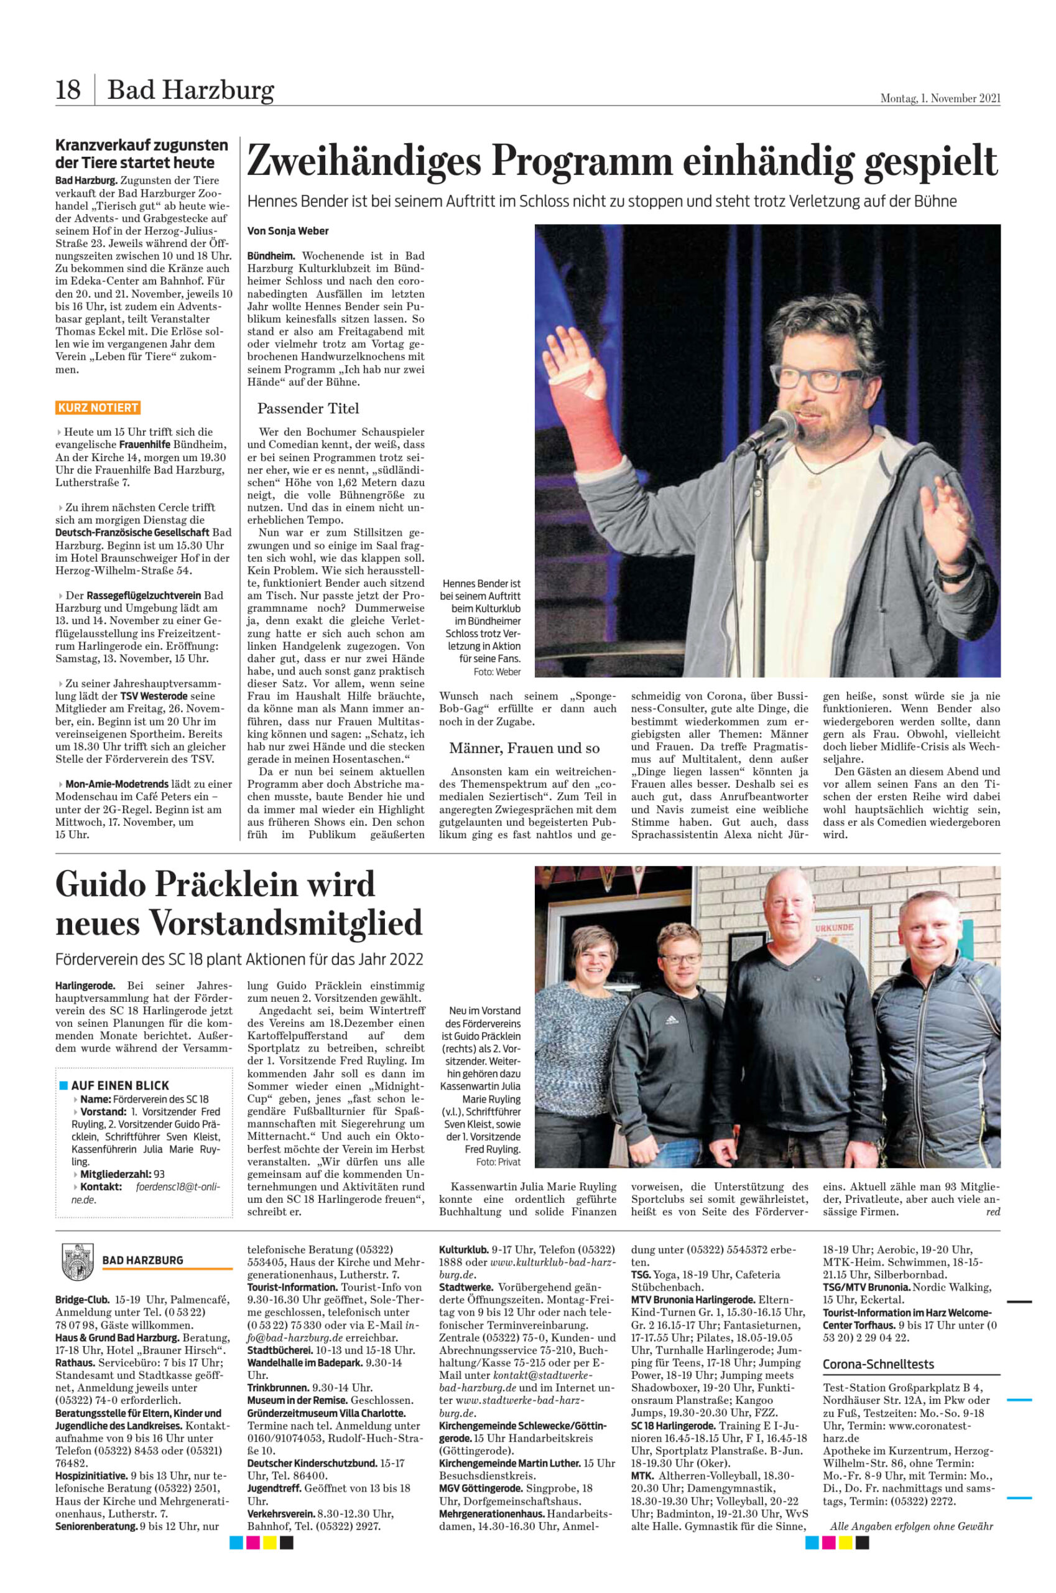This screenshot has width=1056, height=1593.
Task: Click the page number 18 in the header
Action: click(x=68, y=90)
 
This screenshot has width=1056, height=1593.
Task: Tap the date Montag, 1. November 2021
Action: click(x=940, y=98)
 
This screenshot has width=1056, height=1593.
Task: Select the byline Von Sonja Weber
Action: click(x=287, y=231)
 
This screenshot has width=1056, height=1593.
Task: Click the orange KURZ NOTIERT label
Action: click(x=98, y=408)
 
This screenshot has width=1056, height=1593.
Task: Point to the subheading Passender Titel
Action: click(x=308, y=408)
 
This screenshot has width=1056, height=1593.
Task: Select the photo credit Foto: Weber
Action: click(x=497, y=672)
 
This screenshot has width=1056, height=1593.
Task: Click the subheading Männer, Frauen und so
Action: click(x=514, y=748)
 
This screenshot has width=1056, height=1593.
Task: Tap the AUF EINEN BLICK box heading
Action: click(x=120, y=1086)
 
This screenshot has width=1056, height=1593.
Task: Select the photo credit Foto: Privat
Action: click(x=498, y=1162)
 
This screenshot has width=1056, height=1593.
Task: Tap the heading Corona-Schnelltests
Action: click(x=878, y=1364)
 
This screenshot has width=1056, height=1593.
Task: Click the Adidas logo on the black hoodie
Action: click(x=672, y=1021)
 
